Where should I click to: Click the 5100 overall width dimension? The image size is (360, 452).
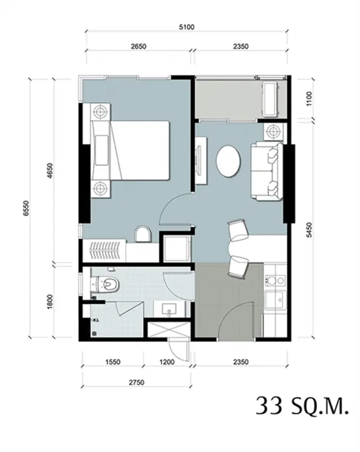pos(187,27)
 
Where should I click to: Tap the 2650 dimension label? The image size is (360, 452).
pos(138,46)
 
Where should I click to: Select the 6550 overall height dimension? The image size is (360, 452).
pos(26,208)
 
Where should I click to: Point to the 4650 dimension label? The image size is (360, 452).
pos(50,171)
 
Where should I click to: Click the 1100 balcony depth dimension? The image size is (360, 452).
pos(309,99)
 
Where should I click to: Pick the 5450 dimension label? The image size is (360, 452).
pos(309,230)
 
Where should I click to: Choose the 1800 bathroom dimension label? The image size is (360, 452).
pos(50,302)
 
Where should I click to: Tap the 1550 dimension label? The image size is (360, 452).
pos(113,362)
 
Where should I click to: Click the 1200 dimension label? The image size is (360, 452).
pos(167,362)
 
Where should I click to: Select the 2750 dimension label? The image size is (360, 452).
pos(137,383)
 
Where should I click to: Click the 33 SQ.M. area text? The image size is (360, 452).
pos(302,406)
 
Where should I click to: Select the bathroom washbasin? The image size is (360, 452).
pos(169,309)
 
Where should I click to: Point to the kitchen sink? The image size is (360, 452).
pos(275,300)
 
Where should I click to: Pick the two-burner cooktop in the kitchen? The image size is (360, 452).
pos(275,280)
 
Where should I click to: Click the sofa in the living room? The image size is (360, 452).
pos(267,171)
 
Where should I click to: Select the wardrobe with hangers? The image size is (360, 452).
pos(104,251)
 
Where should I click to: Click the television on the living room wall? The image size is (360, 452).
pos(199,160)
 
